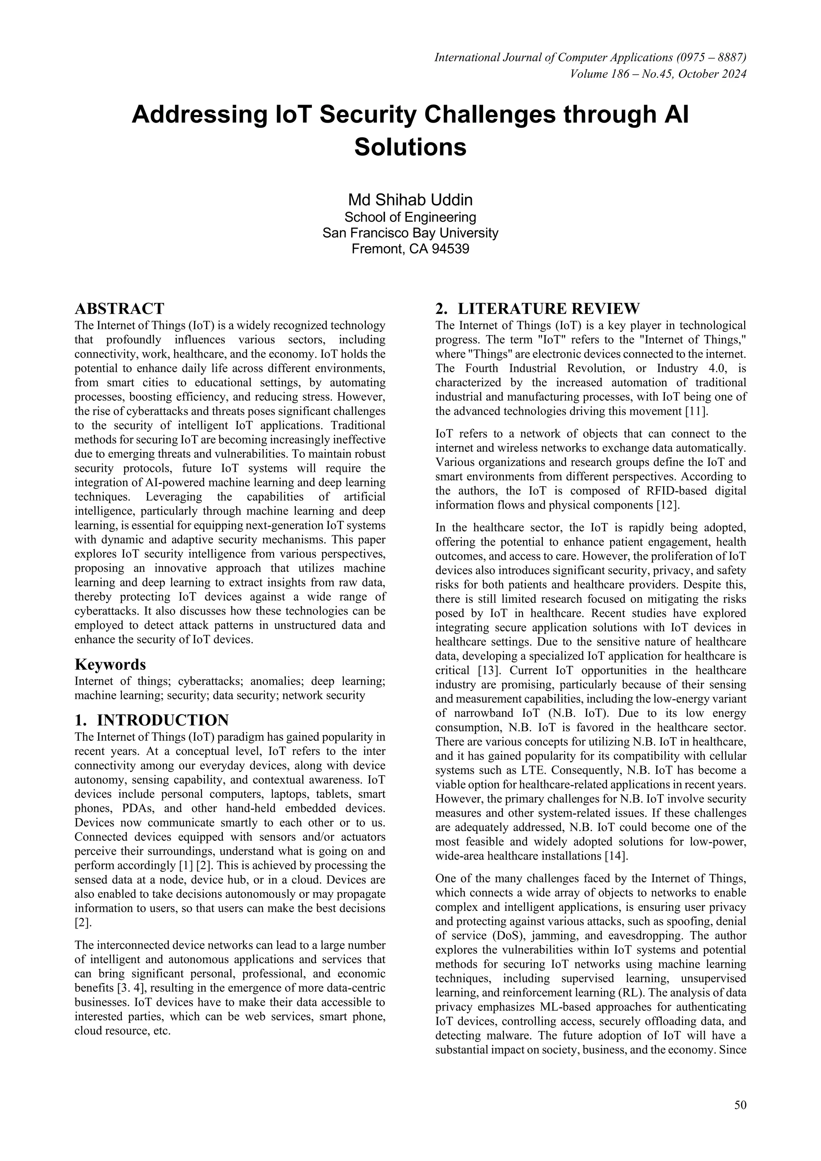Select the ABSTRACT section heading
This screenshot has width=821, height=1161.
[119, 308]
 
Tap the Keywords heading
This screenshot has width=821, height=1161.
[110, 664]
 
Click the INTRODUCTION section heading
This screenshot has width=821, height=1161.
[152, 720]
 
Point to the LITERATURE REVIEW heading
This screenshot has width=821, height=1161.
[538, 308]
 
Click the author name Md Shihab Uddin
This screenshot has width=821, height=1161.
[410, 200]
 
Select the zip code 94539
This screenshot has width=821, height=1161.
[450, 249]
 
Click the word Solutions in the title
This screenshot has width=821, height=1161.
[410, 147]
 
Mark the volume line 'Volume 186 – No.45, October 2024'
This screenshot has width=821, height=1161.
[658, 74]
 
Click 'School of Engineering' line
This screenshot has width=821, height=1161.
[410, 217]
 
